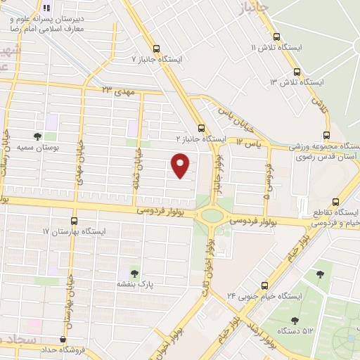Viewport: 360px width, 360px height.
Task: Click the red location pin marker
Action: [181, 165]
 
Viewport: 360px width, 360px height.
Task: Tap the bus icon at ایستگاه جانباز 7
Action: [156, 49]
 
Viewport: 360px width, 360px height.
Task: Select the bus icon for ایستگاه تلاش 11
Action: [276, 37]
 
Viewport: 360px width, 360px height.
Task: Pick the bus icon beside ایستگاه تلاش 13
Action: [297, 72]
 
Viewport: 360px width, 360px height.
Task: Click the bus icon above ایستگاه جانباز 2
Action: [202, 129]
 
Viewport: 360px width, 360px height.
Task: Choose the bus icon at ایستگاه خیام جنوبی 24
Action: [264, 285]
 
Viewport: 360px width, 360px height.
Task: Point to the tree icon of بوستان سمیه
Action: [37, 137]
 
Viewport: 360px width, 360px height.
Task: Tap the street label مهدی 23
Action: [117, 91]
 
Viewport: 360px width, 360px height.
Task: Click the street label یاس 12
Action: [249, 143]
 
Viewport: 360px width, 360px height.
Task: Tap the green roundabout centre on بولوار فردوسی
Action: [209, 215]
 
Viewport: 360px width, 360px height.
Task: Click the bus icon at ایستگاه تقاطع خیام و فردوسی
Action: [336, 200]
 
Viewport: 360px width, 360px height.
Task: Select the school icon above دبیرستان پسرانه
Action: [46, 8]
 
